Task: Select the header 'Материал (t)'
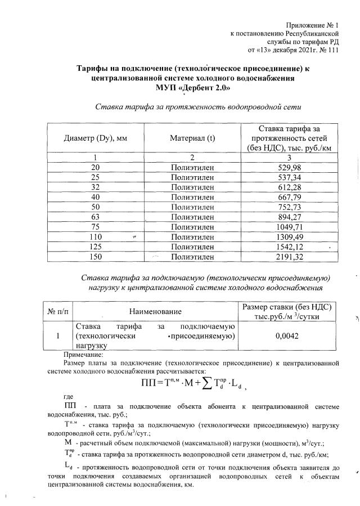[192, 138]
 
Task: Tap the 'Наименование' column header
[155, 311]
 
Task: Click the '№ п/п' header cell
[57, 311]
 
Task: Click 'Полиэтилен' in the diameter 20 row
[192, 168]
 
